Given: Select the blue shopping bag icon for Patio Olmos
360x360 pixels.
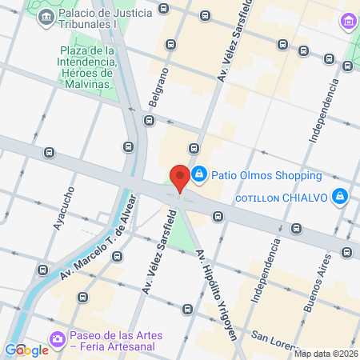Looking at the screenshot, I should coord(200,174).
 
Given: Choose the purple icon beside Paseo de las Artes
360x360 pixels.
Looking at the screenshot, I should coord(58,340).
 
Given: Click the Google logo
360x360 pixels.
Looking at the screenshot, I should coord(26,350).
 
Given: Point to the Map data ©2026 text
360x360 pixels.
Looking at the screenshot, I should coord(326,354).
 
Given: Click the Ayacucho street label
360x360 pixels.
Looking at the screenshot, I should coord(64,208).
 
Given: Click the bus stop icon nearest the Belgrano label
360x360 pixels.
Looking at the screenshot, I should coord(149,121).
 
